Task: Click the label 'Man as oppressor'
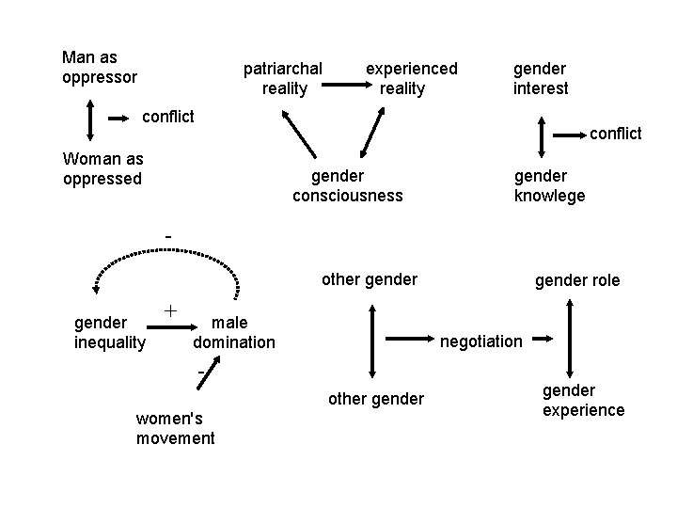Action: (100, 67)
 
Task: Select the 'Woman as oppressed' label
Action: (102, 168)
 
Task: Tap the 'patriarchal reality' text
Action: (283, 78)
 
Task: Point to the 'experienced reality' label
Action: (411, 78)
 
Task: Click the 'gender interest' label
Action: (541, 78)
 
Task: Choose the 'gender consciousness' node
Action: (347, 185)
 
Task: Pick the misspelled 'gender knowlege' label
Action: (549, 185)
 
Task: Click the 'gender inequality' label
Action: (110, 332)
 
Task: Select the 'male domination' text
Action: (234, 332)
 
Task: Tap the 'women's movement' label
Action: (175, 428)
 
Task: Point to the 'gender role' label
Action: (577, 280)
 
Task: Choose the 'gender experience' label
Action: (583, 400)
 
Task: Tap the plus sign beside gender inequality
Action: (171, 309)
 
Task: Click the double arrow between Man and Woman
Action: (89, 119)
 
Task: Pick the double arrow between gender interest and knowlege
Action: (543, 135)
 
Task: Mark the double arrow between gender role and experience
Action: (570, 339)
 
